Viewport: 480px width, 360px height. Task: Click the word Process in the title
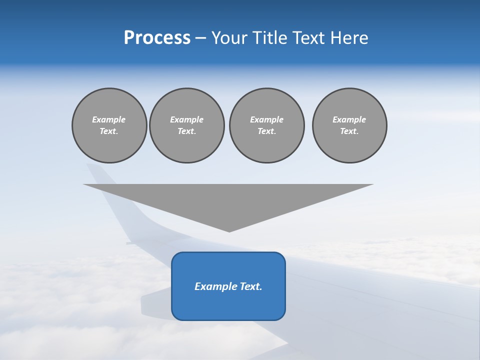157,38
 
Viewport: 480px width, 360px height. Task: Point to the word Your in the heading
230,38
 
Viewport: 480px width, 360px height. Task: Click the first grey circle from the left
109,125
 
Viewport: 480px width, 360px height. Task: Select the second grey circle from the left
187,125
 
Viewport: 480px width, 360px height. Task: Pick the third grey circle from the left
266,125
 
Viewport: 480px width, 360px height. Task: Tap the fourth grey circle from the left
349,125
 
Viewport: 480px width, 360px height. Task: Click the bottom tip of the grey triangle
229,230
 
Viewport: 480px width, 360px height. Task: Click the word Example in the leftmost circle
109,120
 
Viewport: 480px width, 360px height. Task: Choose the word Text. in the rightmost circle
349,131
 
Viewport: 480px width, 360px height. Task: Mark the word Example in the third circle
266,120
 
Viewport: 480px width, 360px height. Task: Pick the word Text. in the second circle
187,131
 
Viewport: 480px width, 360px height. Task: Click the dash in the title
201,38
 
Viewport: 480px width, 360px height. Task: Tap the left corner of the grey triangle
86,185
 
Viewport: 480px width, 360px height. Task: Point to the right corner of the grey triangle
370,185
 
